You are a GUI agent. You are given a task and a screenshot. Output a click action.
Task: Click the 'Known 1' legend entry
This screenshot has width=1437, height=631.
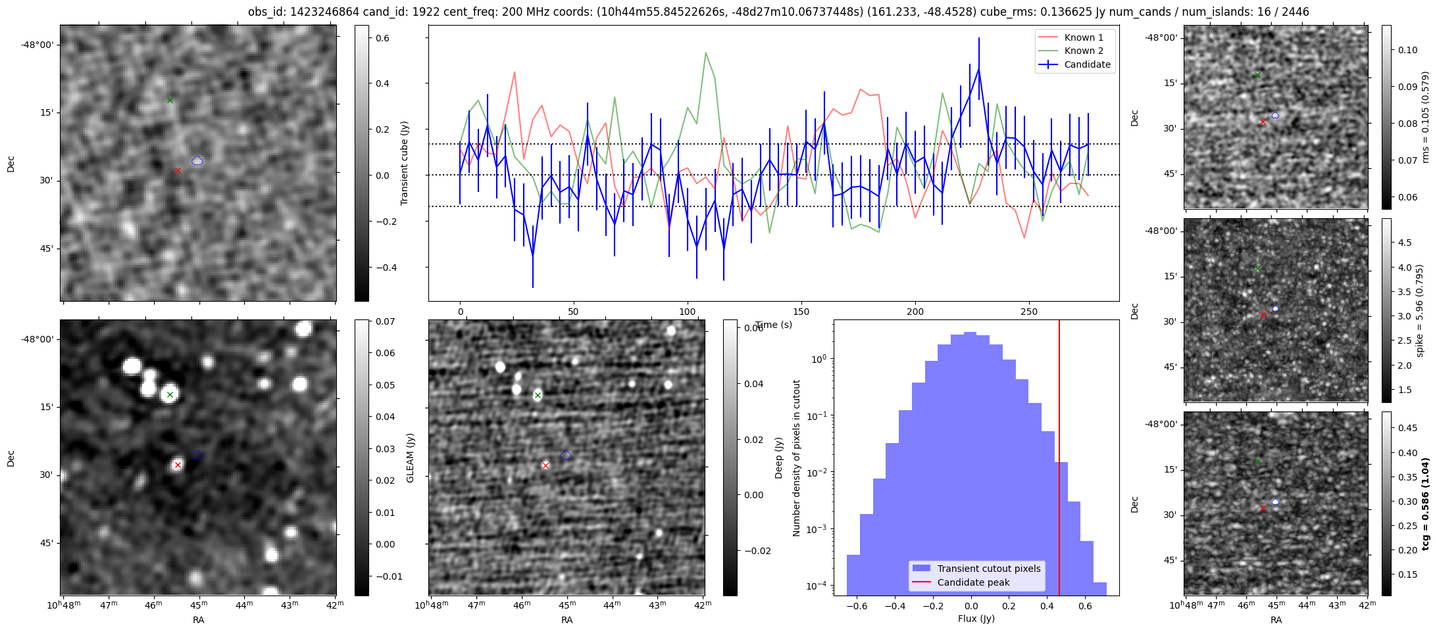point(1083,37)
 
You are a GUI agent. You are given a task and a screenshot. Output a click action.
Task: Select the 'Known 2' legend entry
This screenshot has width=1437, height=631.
point(1083,51)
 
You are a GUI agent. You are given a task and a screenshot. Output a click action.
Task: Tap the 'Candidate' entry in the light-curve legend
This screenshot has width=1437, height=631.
point(1087,64)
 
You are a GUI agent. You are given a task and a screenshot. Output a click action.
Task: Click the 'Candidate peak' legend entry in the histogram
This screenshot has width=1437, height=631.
point(973,582)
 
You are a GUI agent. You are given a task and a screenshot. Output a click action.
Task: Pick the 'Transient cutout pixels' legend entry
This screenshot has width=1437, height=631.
point(989,569)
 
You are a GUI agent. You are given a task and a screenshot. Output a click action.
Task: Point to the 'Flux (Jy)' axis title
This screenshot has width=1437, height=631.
point(976,619)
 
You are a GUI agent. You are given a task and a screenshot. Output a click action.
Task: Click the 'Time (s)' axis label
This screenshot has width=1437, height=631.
point(774,325)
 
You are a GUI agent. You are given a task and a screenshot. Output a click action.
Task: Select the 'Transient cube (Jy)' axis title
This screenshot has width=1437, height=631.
point(405,163)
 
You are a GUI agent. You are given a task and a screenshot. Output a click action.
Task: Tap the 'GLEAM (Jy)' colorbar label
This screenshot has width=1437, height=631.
point(410,457)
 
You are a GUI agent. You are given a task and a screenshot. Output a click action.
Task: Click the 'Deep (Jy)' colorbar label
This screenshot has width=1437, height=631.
point(778,457)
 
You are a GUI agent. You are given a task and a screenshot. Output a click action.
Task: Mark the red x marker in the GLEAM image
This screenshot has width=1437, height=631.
point(178,465)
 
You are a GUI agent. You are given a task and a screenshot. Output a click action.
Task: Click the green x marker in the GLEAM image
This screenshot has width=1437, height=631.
point(170,395)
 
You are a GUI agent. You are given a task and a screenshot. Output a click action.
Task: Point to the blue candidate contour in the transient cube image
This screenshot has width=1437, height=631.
point(197,160)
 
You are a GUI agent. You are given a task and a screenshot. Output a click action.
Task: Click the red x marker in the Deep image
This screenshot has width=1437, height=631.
point(545,465)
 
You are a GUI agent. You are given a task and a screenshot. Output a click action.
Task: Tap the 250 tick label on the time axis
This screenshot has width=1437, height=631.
point(1028,312)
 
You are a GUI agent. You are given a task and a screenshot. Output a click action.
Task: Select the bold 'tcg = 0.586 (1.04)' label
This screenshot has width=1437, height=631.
point(1425,503)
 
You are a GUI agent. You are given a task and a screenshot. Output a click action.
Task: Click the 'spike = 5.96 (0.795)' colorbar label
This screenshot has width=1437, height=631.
point(1420,310)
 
